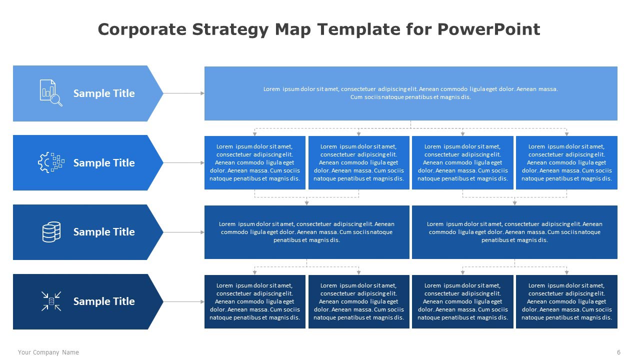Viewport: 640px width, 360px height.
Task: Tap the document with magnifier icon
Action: point(51,93)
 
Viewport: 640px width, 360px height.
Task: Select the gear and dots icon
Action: point(51,162)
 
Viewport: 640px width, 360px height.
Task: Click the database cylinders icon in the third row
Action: point(51,232)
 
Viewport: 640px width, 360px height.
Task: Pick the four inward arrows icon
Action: point(51,301)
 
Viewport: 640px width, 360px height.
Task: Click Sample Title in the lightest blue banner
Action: point(104,93)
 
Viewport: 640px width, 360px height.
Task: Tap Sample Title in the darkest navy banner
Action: point(104,301)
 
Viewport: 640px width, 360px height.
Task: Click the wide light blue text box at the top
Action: point(410,93)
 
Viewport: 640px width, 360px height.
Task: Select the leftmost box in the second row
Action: point(254,162)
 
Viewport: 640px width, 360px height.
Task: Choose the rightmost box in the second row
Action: point(566,162)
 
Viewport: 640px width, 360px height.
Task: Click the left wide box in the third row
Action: point(306,232)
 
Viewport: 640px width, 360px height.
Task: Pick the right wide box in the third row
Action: point(514,232)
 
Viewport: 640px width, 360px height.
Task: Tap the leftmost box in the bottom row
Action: point(254,301)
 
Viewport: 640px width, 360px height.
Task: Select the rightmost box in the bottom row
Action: point(566,301)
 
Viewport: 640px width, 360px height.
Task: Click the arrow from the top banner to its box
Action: point(183,93)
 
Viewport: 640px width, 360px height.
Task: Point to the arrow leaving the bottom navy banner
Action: point(183,301)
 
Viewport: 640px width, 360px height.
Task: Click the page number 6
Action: point(618,352)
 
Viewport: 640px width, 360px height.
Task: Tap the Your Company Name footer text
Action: point(48,352)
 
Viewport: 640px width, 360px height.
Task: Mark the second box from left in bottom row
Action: point(358,301)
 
